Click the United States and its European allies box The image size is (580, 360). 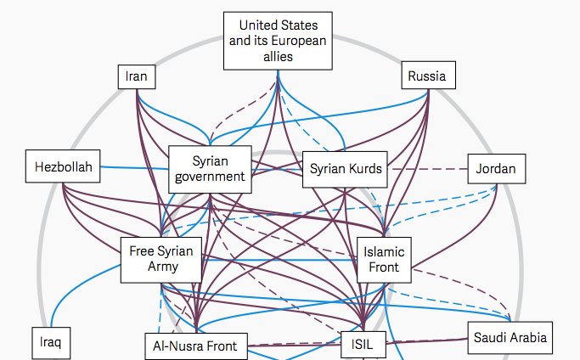(277, 41)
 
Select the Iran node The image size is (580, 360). (136, 76)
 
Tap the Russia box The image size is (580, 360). (425, 76)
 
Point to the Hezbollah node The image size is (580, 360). (64, 166)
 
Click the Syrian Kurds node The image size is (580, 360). (345, 169)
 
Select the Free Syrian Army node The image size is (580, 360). (160, 259)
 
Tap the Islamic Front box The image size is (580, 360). (385, 259)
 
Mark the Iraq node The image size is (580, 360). (51, 343)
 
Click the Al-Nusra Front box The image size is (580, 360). (195, 346)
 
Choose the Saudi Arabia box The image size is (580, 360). (510, 339)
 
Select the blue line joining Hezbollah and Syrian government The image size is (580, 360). (136, 166)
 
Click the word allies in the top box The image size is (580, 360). (277, 56)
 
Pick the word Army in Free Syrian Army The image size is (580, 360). (160, 267)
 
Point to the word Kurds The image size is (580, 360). (364, 169)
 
